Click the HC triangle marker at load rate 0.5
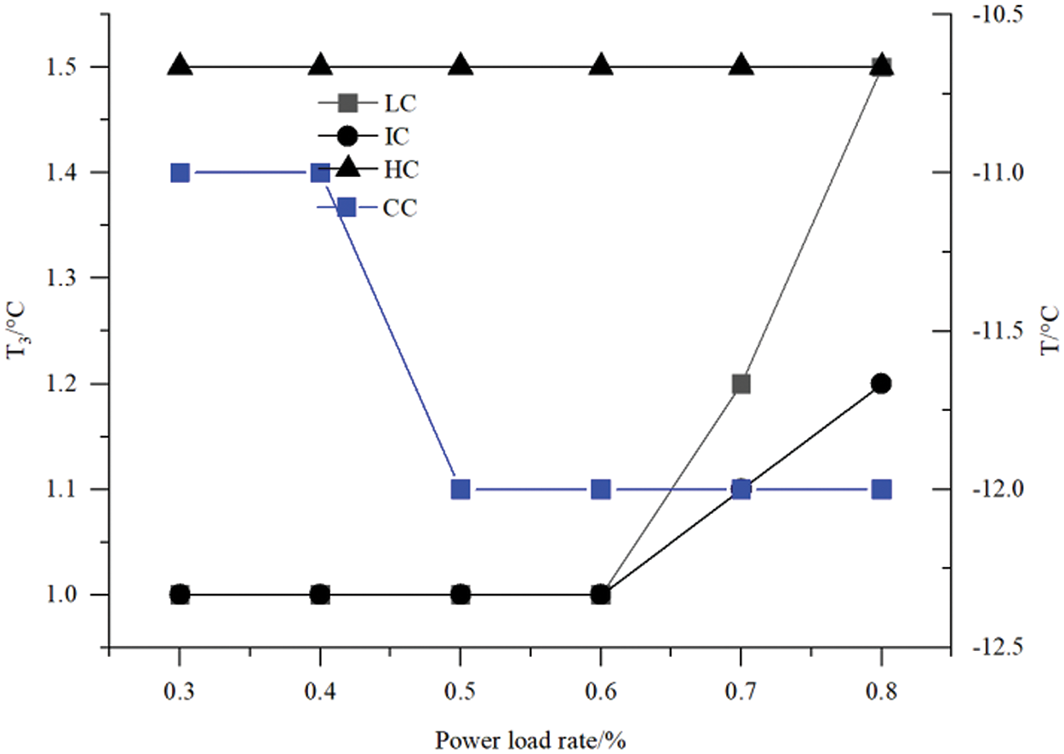point(460,65)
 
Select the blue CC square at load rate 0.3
point(180,173)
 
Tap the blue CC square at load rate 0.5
point(460,489)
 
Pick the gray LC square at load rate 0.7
point(741,384)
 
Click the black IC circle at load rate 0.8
point(882,384)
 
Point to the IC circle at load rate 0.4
point(320,594)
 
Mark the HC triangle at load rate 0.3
point(180,65)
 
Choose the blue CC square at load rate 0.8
point(882,489)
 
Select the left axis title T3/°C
point(19,331)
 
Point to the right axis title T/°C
point(1052,331)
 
